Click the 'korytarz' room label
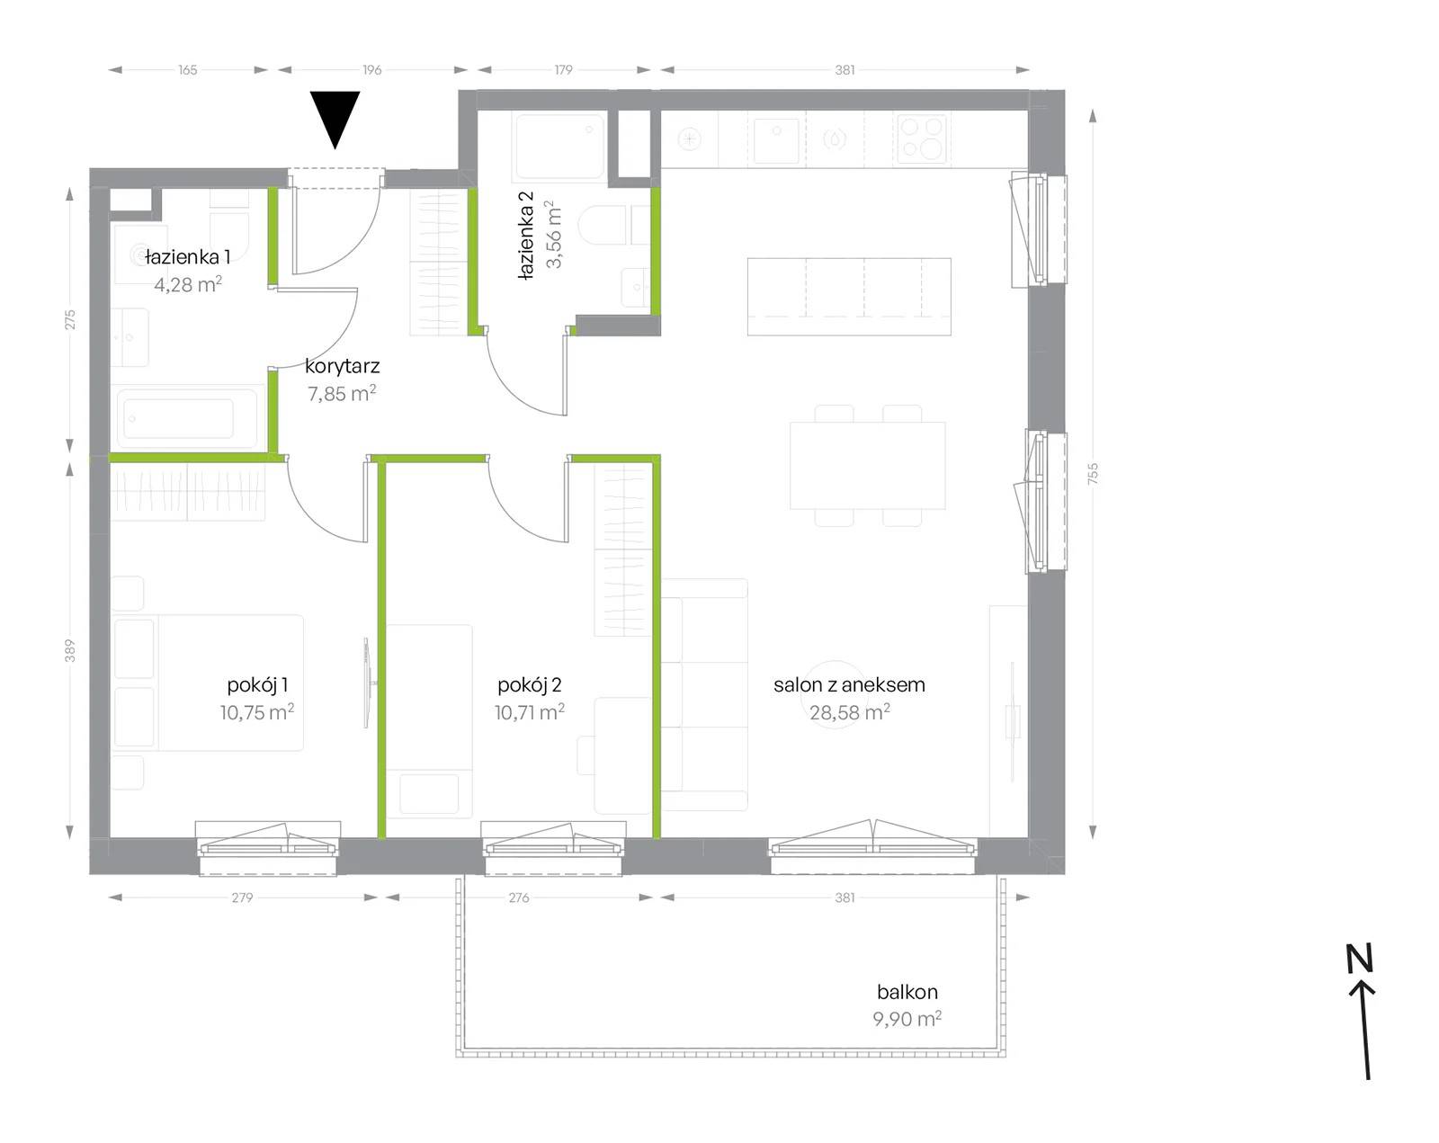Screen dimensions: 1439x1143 click(x=343, y=367)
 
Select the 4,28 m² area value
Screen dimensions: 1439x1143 click(x=188, y=284)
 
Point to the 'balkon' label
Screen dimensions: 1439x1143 click(x=907, y=991)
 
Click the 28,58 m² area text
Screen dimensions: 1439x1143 click(x=849, y=712)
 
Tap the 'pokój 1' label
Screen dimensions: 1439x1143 click(x=257, y=685)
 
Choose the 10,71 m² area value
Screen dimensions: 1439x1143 click(x=529, y=712)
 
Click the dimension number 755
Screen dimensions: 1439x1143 click(x=1093, y=474)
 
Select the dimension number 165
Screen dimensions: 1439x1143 click(x=188, y=70)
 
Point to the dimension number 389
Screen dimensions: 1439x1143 click(x=69, y=651)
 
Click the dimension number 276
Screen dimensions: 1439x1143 click(x=518, y=897)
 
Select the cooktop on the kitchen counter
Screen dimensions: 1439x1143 click(x=922, y=139)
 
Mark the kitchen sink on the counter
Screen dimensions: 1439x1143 click(x=775, y=140)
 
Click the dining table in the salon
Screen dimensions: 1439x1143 click(x=867, y=466)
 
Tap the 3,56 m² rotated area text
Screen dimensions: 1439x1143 click(x=554, y=234)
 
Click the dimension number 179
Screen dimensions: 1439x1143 click(x=563, y=70)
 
